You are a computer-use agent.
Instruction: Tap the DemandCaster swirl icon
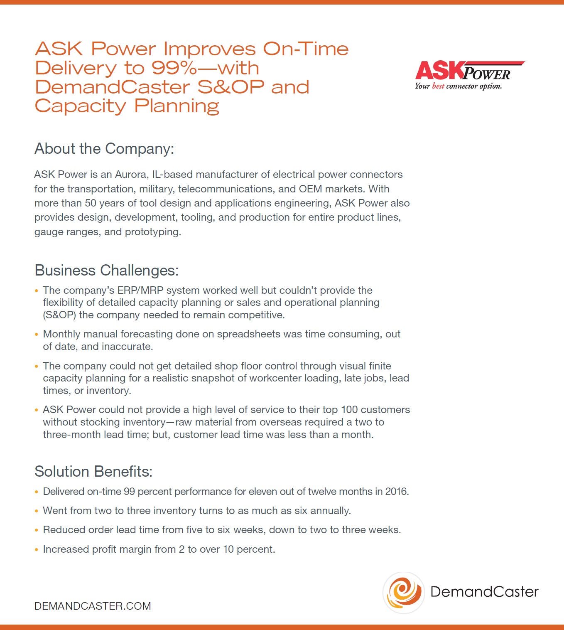pos(404,592)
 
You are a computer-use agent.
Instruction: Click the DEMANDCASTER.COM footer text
pos(92,606)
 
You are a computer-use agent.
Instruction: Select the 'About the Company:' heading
pos(104,149)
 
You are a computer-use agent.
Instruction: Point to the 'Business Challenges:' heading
pos(106,271)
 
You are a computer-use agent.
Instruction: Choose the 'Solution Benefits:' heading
pos(93,472)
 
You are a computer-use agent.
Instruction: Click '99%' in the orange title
pos(174,68)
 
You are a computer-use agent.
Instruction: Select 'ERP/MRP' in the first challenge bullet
pos(140,290)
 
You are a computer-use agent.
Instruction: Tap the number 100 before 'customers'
pos(349,410)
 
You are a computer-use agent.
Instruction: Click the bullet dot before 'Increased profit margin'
pos(37,549)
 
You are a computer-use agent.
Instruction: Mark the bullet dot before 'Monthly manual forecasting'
pos(37,334)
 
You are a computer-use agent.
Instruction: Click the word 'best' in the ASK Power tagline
pos(438,86)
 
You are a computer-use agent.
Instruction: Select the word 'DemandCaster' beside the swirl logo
pos(484,592)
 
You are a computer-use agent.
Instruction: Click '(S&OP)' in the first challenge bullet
pos(59,315)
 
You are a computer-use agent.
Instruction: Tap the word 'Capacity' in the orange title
pos(81,106)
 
